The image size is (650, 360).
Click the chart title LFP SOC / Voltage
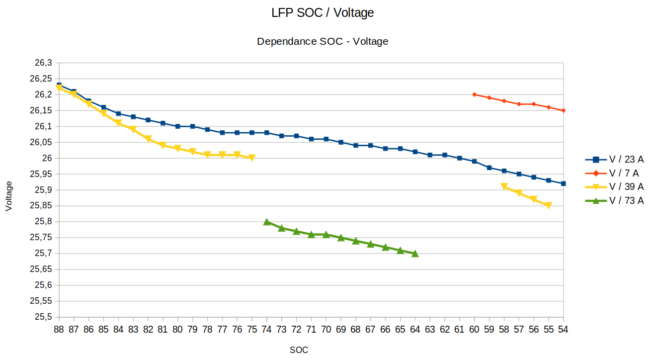coord(323,13)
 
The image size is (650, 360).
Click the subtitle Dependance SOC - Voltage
coord(323,42)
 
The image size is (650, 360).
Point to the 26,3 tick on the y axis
coord(43,63)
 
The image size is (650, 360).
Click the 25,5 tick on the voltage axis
coord(43,317)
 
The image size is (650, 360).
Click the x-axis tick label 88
coord(59,329)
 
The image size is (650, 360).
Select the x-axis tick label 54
coord(564,329)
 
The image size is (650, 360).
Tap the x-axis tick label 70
coord(326,329)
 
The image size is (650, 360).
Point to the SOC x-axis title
coord(299,350)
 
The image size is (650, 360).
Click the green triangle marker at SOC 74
coord(267,222)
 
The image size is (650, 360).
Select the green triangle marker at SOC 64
coord(415,254)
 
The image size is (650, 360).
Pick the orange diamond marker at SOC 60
coord(475,94)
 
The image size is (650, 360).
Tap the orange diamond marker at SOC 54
coord(564,110)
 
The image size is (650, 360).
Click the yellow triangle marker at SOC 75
coord(252,158)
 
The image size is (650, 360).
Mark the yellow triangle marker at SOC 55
coord(549,206)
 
